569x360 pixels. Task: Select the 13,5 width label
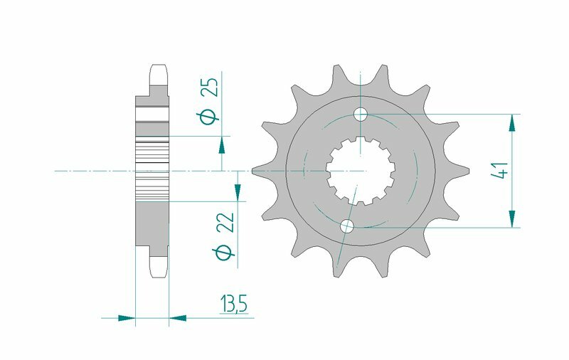233,306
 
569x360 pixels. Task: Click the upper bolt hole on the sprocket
361,114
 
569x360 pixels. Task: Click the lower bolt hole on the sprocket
347,226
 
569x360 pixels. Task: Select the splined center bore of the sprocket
361,171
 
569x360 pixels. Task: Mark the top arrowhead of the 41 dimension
511,124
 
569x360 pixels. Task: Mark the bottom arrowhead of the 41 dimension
511,218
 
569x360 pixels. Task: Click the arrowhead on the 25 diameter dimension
222,145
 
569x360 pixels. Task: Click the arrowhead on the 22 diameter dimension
238,191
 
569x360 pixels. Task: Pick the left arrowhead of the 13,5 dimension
126,317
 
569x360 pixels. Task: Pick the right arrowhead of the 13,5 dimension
177,317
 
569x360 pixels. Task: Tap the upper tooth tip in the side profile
159,72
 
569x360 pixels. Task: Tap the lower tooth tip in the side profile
159,269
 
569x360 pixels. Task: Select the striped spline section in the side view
151,171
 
